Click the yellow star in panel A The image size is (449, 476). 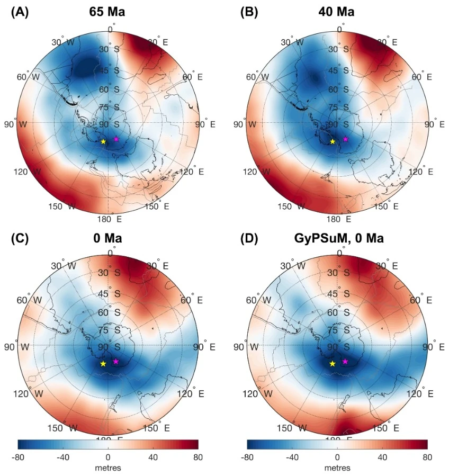pyautogui.click(x=103, y=141)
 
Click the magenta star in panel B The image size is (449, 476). pyautogui.click(x=345, y=139)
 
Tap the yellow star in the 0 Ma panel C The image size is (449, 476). pyautogui.click(x=103, y=363)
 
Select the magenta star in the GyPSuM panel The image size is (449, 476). pyautogui.click(x=345, y=361)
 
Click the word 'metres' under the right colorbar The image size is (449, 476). pyautogui.click(x=337, y=468)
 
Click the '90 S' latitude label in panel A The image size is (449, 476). pyautogui.click(x=110, y=124)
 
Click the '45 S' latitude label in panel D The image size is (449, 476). pyautogui.click(x=339, y=294)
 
